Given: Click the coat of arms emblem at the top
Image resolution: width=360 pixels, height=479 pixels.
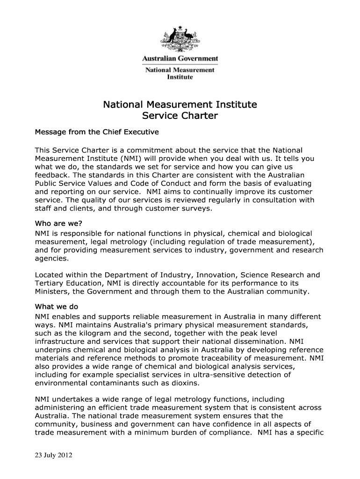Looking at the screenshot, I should (180, 40).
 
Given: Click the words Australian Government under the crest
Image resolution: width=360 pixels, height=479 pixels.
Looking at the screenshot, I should (180, 59).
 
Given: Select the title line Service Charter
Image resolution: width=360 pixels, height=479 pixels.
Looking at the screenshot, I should (180, 116).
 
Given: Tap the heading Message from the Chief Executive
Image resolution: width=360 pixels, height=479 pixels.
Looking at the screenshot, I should (97, 132).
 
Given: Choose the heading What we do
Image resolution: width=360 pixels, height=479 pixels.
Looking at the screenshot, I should (57, 307).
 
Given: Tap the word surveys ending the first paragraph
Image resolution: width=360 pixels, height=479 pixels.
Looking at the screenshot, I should (197, 209).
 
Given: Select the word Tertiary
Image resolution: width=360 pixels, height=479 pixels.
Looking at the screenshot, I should (50, 283).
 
